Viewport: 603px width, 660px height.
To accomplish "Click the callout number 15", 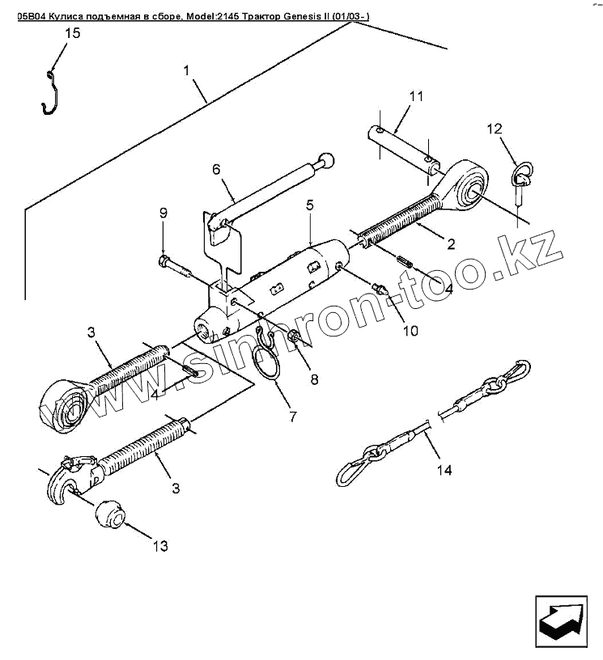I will [72, 34].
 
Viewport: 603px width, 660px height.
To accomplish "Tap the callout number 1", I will [187, 70].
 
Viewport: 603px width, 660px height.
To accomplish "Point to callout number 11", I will [416, 96].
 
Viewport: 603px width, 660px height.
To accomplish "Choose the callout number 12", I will [495, 129].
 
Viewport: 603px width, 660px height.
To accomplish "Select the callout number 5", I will [310, 205].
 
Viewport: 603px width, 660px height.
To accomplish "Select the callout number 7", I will [292, 417].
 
